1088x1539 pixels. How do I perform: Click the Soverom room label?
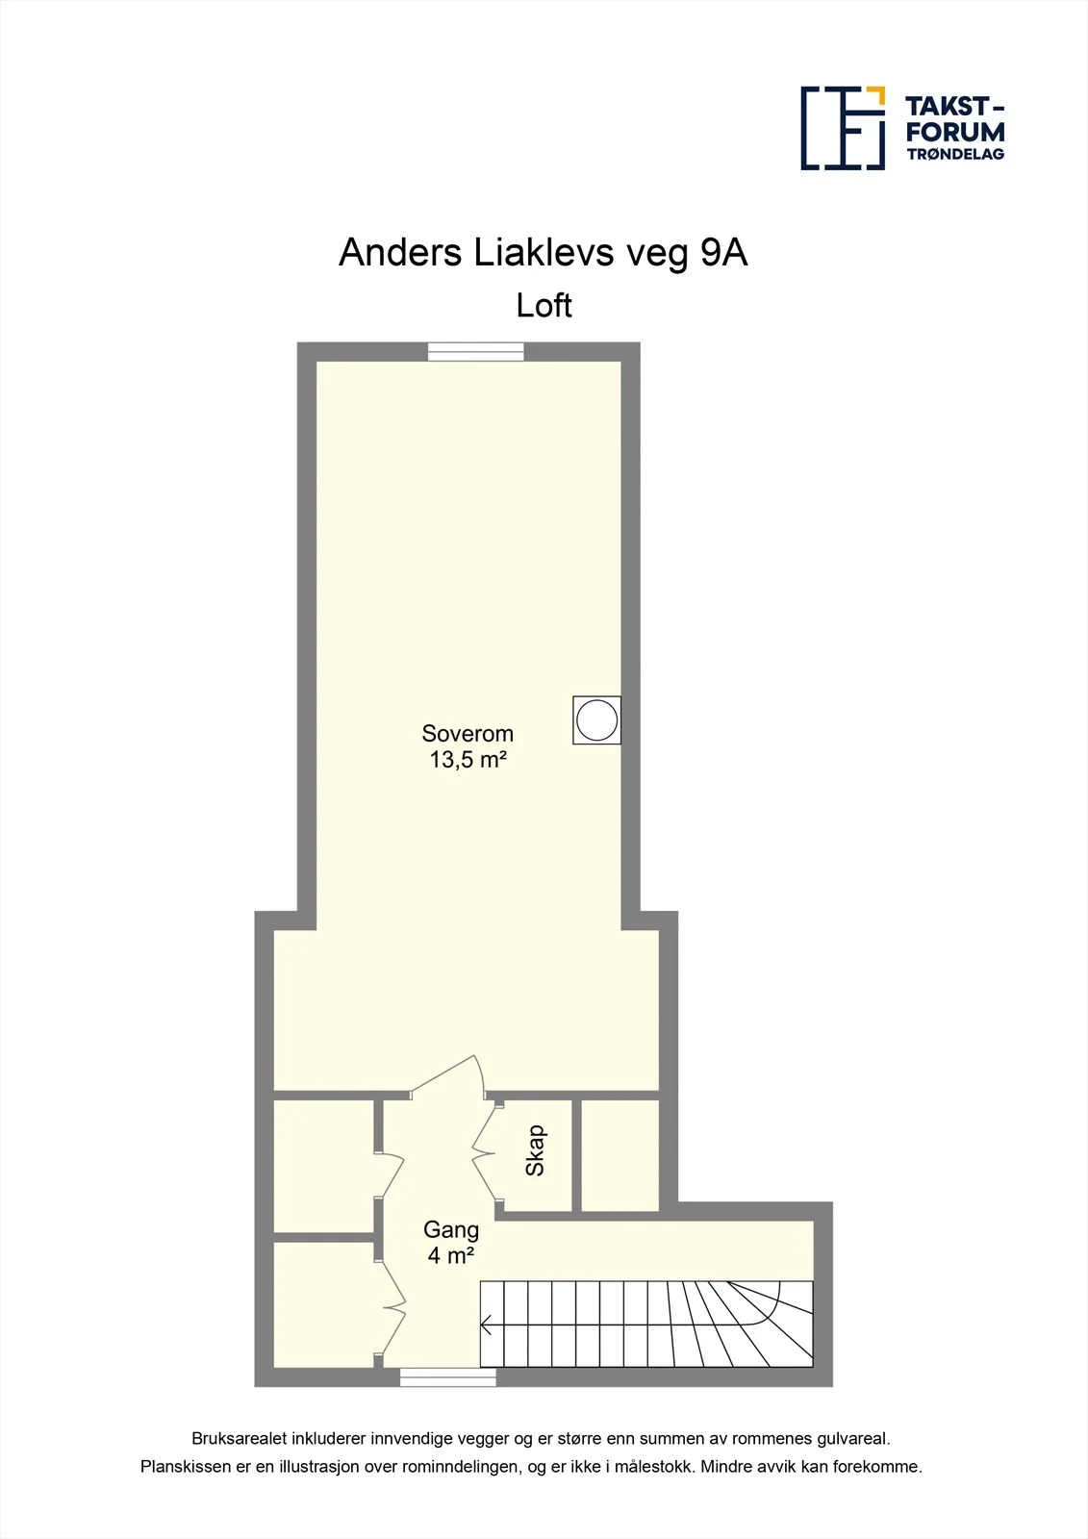(468, 734)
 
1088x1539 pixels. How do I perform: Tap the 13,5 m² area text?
(468, 760)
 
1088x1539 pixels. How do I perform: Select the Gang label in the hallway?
(451, 1229)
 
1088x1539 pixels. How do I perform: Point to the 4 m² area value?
(451, 1256)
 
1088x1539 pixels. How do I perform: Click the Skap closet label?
(536, 1150)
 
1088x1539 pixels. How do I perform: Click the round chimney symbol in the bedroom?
(596, 720)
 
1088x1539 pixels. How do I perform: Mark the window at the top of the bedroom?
(475, 352)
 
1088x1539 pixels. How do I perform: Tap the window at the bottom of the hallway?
(447, 1376)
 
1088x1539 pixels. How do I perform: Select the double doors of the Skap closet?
(486, 1156)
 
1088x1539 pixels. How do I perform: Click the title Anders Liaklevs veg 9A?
(543, 253)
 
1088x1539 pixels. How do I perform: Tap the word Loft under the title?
(544, 306)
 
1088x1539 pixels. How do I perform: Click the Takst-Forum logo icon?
(844, 129)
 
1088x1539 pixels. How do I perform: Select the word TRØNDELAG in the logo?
(955, 154)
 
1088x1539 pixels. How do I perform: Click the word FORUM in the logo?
(955, 131)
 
